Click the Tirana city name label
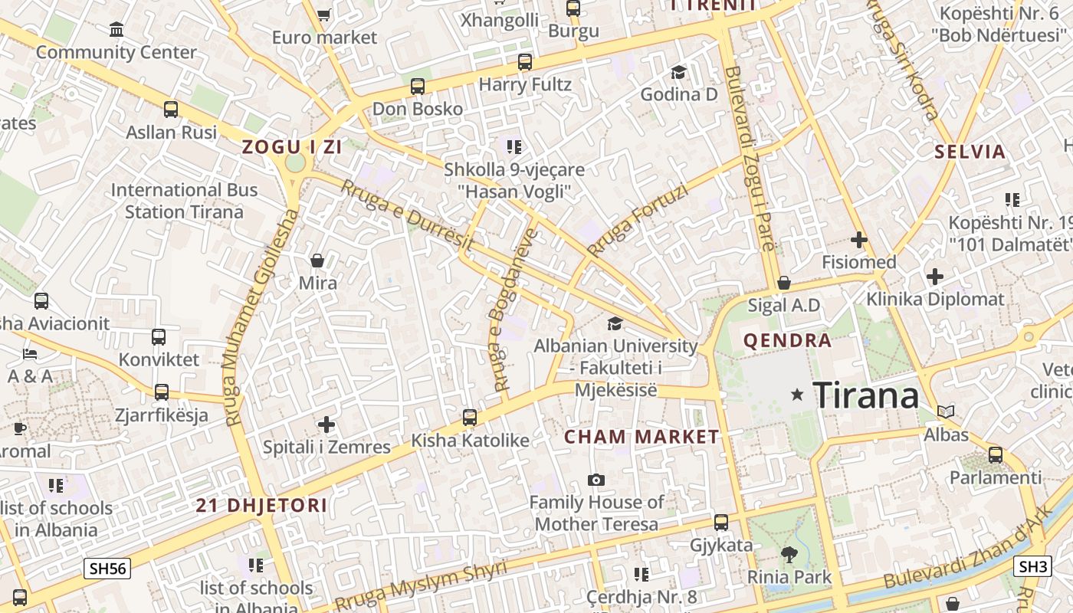[x=865, y=395]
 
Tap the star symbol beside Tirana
[x=797, y=395]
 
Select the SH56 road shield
[x=107, y=568]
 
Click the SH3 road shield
[x=1032, y=566]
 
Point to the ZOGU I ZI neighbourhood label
[x=291, y=147]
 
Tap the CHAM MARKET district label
[x=642, y=438]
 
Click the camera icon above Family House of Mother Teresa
[x=596, y=480]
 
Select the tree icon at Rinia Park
[x=789, y=554]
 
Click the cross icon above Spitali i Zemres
[x=326, y=424]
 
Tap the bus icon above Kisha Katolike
[x=470, y=418]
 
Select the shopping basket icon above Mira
[x=317, y=261]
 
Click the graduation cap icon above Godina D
[x=678, y=72]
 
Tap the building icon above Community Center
[x=116, y=30]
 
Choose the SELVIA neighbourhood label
[x=970, y=152]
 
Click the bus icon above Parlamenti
[x=996, y=455]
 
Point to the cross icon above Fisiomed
[x=858, y=240]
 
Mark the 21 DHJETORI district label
[x=261, y=506]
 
